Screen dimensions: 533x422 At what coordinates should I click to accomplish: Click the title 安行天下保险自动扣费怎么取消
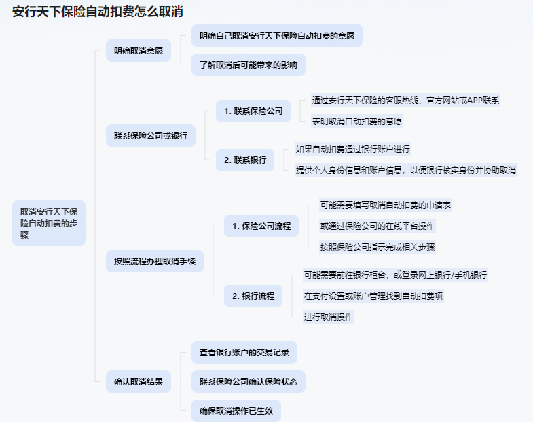pyautogui.click(x=98, y=12)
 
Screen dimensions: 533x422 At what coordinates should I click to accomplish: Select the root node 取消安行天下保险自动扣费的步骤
pyautogui.click(x=49, y=224)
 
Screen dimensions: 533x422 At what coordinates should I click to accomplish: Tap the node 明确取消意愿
pyautogui.click(x=139, y=51)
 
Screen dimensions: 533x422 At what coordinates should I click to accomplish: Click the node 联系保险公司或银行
pyautogui.click(x=151, y=136)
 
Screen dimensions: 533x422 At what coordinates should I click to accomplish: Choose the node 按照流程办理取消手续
pyautogui.click(x=155, y=262)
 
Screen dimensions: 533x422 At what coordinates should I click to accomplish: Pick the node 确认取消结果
pyautogui.click(x=139, y=381)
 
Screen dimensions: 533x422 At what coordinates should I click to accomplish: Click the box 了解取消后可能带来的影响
pyautogui.click(x=249, y=65)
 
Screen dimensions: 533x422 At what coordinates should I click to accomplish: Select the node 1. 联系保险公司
pyautogui.click(x=253, y=111)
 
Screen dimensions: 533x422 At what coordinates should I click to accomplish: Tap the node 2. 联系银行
pyautogui.click(x=245, y=160)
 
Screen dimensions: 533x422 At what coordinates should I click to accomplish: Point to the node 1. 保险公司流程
pyautogui.click(x=261, y=226)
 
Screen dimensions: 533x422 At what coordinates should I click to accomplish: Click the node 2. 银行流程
pyautogui.click(x=253, y=296)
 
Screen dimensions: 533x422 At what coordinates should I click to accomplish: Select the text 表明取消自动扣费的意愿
pyautogui.click(x=357, y=122)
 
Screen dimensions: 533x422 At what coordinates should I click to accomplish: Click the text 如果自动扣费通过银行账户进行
pyautogui.click(x=353, y=150)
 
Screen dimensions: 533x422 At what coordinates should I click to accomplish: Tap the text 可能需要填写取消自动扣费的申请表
pyautogui.click(x=386, y=205)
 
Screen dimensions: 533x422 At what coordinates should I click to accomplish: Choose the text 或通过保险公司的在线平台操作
pyautogui.click(x=378, y=226)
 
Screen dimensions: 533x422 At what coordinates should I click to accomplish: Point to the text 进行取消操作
pyautogui.click(x=329, y=317)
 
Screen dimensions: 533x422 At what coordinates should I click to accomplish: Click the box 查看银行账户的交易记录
pyautogui.click(x=244, y=353)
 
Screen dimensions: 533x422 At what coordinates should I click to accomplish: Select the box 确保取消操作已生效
pyautogui.click(x=236, y=410)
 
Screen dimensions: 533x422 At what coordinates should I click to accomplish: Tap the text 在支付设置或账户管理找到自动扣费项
pyautogui.click(x=373, y=296)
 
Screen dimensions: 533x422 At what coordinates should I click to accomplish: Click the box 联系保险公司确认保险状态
pyautogui.click(x=249, y=381)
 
